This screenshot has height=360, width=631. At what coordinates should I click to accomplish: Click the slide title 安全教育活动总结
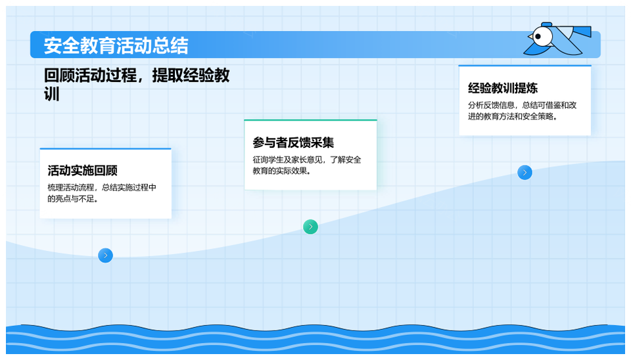[116, 45]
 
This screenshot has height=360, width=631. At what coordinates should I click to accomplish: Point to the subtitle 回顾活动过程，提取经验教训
[137, 85]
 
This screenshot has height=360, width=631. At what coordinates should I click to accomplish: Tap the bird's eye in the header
[538, 37]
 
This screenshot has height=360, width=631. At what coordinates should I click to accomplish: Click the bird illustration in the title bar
[557, 39]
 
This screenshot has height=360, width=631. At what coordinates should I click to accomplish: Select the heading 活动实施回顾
[83, 171]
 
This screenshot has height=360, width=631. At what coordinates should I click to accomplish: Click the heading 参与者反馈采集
[293, 143]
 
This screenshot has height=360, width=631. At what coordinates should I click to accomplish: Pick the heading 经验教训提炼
[503, 88]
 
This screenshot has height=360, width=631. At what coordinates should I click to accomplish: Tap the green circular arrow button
[310, 227]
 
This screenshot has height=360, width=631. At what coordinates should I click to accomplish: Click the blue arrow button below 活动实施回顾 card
[105, 256]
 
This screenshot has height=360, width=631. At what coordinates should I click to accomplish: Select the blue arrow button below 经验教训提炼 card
[525, 173]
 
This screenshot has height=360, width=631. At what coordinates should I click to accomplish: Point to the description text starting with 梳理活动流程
[102, 193]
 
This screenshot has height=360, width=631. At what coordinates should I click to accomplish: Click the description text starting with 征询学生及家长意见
[307, 166]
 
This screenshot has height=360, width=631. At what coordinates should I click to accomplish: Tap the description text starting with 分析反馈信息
[522, 110]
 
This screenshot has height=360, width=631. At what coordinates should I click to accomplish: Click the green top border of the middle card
[310, 120]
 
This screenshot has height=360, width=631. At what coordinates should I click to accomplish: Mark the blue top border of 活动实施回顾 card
[105, 149]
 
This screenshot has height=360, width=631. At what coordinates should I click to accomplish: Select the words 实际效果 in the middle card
[291, 171]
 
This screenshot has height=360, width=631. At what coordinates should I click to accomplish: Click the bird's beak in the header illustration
[530, 37]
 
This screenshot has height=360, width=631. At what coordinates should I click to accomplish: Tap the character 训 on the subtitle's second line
[51, 94]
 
